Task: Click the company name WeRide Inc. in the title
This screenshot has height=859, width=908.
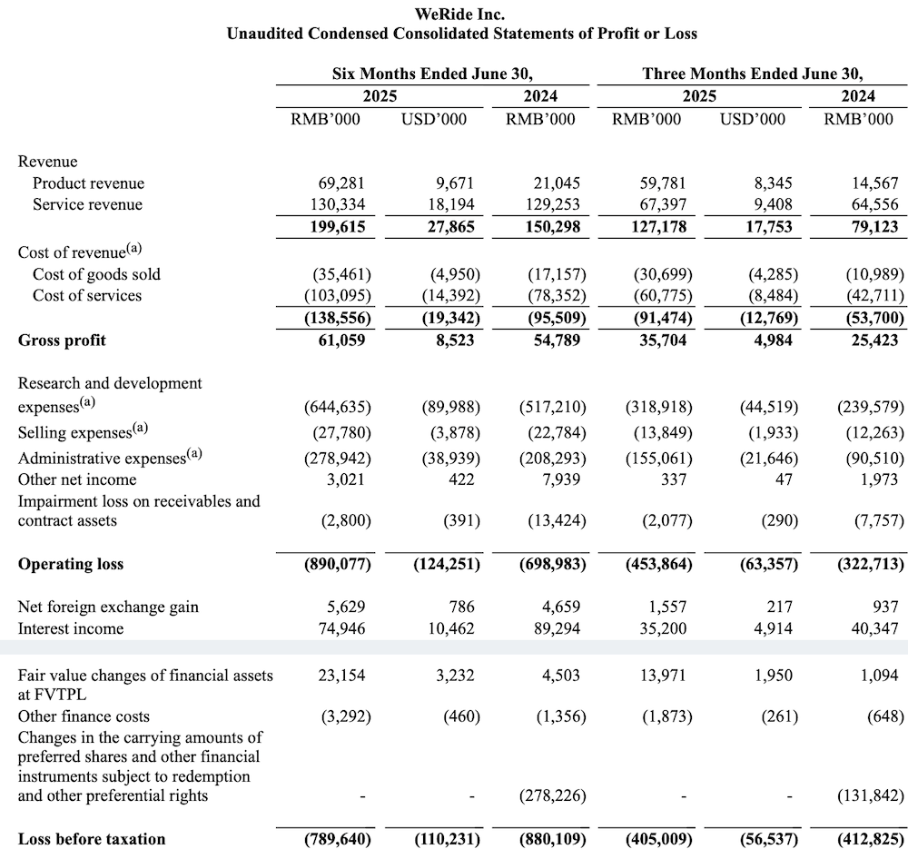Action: coord(460,15)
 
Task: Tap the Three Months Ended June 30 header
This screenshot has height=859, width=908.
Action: coord(752,74)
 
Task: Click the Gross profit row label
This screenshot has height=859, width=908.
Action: coord(62,341)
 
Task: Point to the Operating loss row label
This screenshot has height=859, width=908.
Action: coord(71,564)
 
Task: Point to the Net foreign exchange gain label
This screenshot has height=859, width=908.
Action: coord(108,607)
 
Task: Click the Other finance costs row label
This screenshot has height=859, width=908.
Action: coord(84,716)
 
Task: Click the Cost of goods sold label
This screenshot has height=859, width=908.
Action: coord(96,273)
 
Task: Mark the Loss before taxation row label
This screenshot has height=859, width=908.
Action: coord(92,839)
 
